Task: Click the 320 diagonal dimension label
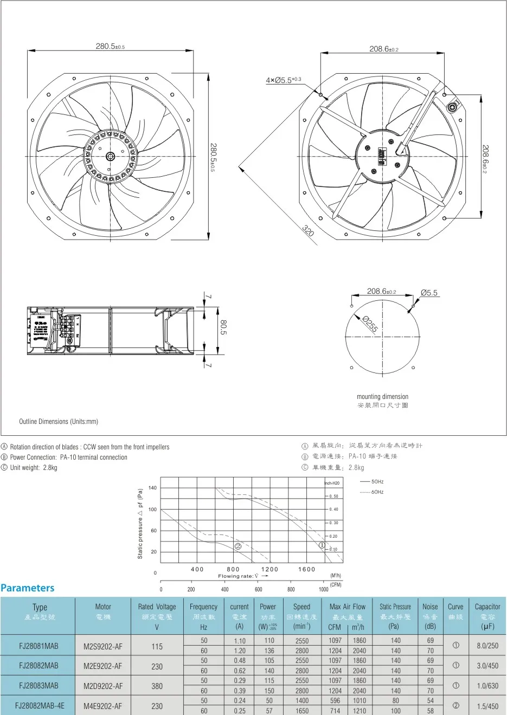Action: tap(308, 231)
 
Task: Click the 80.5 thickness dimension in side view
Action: tap(223, 327)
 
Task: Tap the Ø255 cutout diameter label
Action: tap(370, 324)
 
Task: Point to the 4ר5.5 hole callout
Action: tap(283, 80)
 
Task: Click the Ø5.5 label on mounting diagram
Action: tap(429, 293)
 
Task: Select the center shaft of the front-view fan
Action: tap(111, 157)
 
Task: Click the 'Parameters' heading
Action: tap(28, 588)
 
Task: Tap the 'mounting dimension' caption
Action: tap(382, 397)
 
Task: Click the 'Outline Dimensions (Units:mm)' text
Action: tap(59, 421)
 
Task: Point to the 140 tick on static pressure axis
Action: tap(152, 488)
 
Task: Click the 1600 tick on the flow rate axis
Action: tap(306, 569)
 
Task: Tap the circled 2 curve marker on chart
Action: tap(237, 546)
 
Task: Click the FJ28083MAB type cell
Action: tap(38, 686)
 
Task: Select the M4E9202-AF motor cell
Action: tap(103, 706)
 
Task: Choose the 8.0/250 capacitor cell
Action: tap(487, 646)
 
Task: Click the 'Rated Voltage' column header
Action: tap(157, 607)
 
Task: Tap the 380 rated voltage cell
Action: tap(157, 686)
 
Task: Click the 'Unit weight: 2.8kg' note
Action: tap(33, 467)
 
